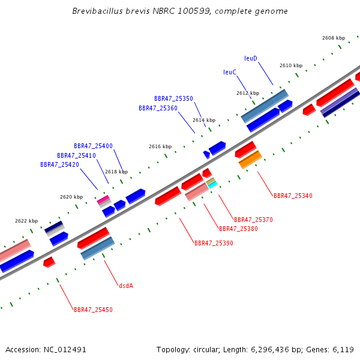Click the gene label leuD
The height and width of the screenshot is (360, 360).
click(251, 58)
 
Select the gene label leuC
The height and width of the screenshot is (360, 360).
click(230, 72)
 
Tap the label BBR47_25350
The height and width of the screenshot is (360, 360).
click(173, 98)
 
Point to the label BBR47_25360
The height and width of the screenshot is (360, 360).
click(158, 108)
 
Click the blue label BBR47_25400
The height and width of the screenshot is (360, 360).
click(93, 146)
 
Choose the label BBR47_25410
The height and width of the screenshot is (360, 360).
click(76, 155)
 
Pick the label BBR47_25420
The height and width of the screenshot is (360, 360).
click(59, 164)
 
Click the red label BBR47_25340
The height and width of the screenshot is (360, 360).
click(293, 196)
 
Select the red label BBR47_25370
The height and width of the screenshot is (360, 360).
click(253, 220)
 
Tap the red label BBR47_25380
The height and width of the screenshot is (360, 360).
click(238, 229)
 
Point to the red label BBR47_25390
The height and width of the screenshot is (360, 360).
click(214, 243)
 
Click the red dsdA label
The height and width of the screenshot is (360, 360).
click(126, 286)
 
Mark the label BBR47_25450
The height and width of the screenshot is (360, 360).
click(93, 310)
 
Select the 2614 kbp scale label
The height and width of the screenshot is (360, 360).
click(203, 120)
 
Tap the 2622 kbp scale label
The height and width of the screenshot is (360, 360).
click(26, 221)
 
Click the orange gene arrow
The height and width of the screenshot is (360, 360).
click(250, 160)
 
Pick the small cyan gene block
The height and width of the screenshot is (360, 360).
click(212, 185)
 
